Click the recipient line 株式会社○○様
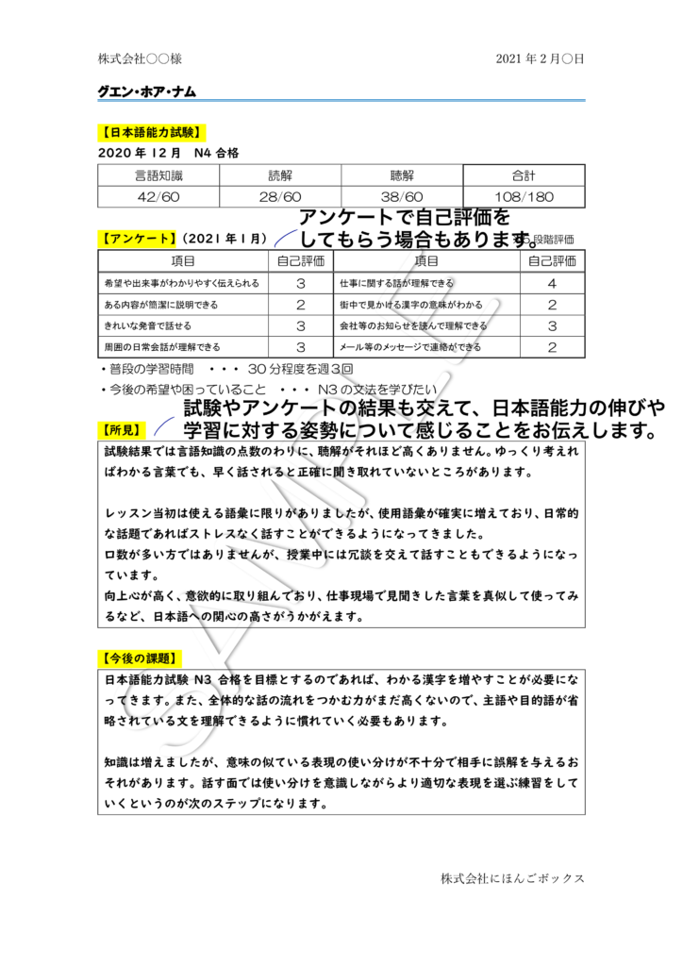click(140, 59)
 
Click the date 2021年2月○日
click(540, 59)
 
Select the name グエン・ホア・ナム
click(146, 92)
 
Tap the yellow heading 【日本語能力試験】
click(151, 132)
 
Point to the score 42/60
click(158, 197)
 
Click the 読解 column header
click(280, 175)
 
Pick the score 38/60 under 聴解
click(402, 197)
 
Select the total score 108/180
click(524, 197)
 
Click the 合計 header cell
click(524, 175)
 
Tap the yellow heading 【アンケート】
click(138, 239)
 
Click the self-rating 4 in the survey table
click(552, 283)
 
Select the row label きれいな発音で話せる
click(148, 325)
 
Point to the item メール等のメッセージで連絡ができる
click(410, 347)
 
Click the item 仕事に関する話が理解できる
click(396, 283)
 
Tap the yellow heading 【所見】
click(122, 430)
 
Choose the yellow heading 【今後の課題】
click(140, 658)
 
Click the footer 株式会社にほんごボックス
click(512, 878)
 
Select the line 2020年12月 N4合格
click(168, 153)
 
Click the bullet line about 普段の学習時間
click(226, 369)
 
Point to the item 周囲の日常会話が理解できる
click(162, 347)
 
